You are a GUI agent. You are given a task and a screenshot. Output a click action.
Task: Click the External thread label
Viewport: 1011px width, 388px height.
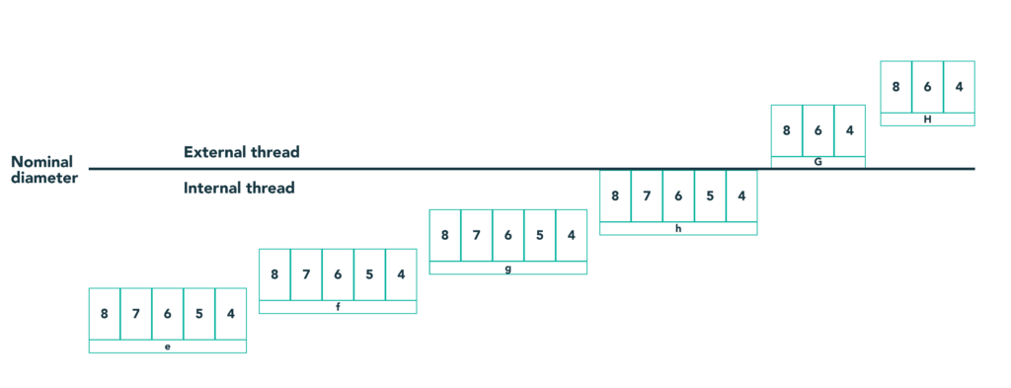tap(241, 152)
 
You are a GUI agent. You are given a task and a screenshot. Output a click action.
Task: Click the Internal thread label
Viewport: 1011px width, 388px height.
tap(239, 188)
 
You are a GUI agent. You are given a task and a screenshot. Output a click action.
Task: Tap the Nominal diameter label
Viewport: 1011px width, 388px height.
tap(44, 169)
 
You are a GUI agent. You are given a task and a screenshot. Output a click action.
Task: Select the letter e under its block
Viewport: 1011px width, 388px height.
tap(168, 347)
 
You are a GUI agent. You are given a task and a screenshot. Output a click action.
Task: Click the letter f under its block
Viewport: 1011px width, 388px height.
tap(338, 307)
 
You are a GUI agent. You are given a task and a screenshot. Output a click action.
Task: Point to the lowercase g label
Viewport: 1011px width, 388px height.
tap(507, 268)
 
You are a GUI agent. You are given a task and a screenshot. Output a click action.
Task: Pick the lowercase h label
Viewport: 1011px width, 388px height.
tap(678, 228)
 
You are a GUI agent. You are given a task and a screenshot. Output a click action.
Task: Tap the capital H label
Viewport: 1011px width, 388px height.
tap(927, 119)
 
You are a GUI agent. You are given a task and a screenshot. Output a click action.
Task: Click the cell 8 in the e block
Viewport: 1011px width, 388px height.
tap(105, 314)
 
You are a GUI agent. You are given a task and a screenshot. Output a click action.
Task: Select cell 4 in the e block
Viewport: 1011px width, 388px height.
tap(230, 314)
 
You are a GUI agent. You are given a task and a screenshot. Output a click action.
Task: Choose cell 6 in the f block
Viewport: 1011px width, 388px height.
tap(338, 274)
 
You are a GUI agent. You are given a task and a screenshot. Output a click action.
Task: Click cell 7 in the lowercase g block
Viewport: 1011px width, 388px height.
tap(477, 235)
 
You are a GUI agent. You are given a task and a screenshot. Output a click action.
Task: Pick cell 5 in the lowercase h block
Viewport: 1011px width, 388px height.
tap(710, 195)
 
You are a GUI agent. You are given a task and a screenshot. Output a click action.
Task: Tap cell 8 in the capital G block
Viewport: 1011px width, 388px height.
tap(787, 129)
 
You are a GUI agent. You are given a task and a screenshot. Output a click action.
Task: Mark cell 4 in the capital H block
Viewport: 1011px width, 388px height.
tap(959, 86)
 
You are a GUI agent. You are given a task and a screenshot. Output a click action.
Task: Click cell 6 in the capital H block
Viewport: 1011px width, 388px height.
tap(927, 86)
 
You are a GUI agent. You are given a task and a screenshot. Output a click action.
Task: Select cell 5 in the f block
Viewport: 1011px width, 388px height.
tap(369, 274)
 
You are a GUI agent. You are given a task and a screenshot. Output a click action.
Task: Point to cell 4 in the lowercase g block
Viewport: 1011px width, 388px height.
tap(571, 235)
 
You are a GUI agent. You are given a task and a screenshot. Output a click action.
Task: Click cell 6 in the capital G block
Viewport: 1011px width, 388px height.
tap(818, 129)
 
